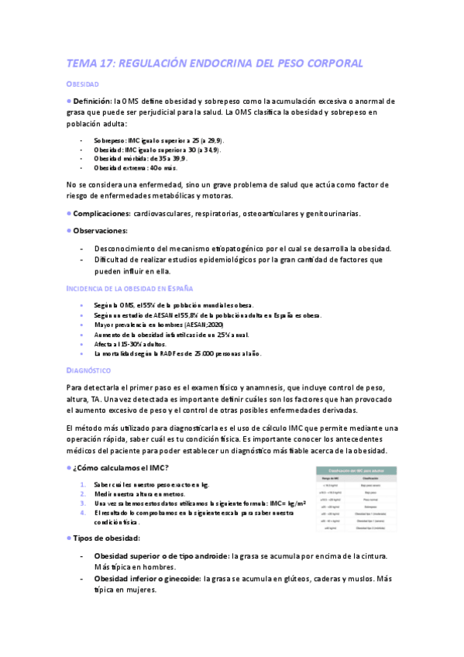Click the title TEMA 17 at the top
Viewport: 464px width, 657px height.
tap(215, 63)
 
